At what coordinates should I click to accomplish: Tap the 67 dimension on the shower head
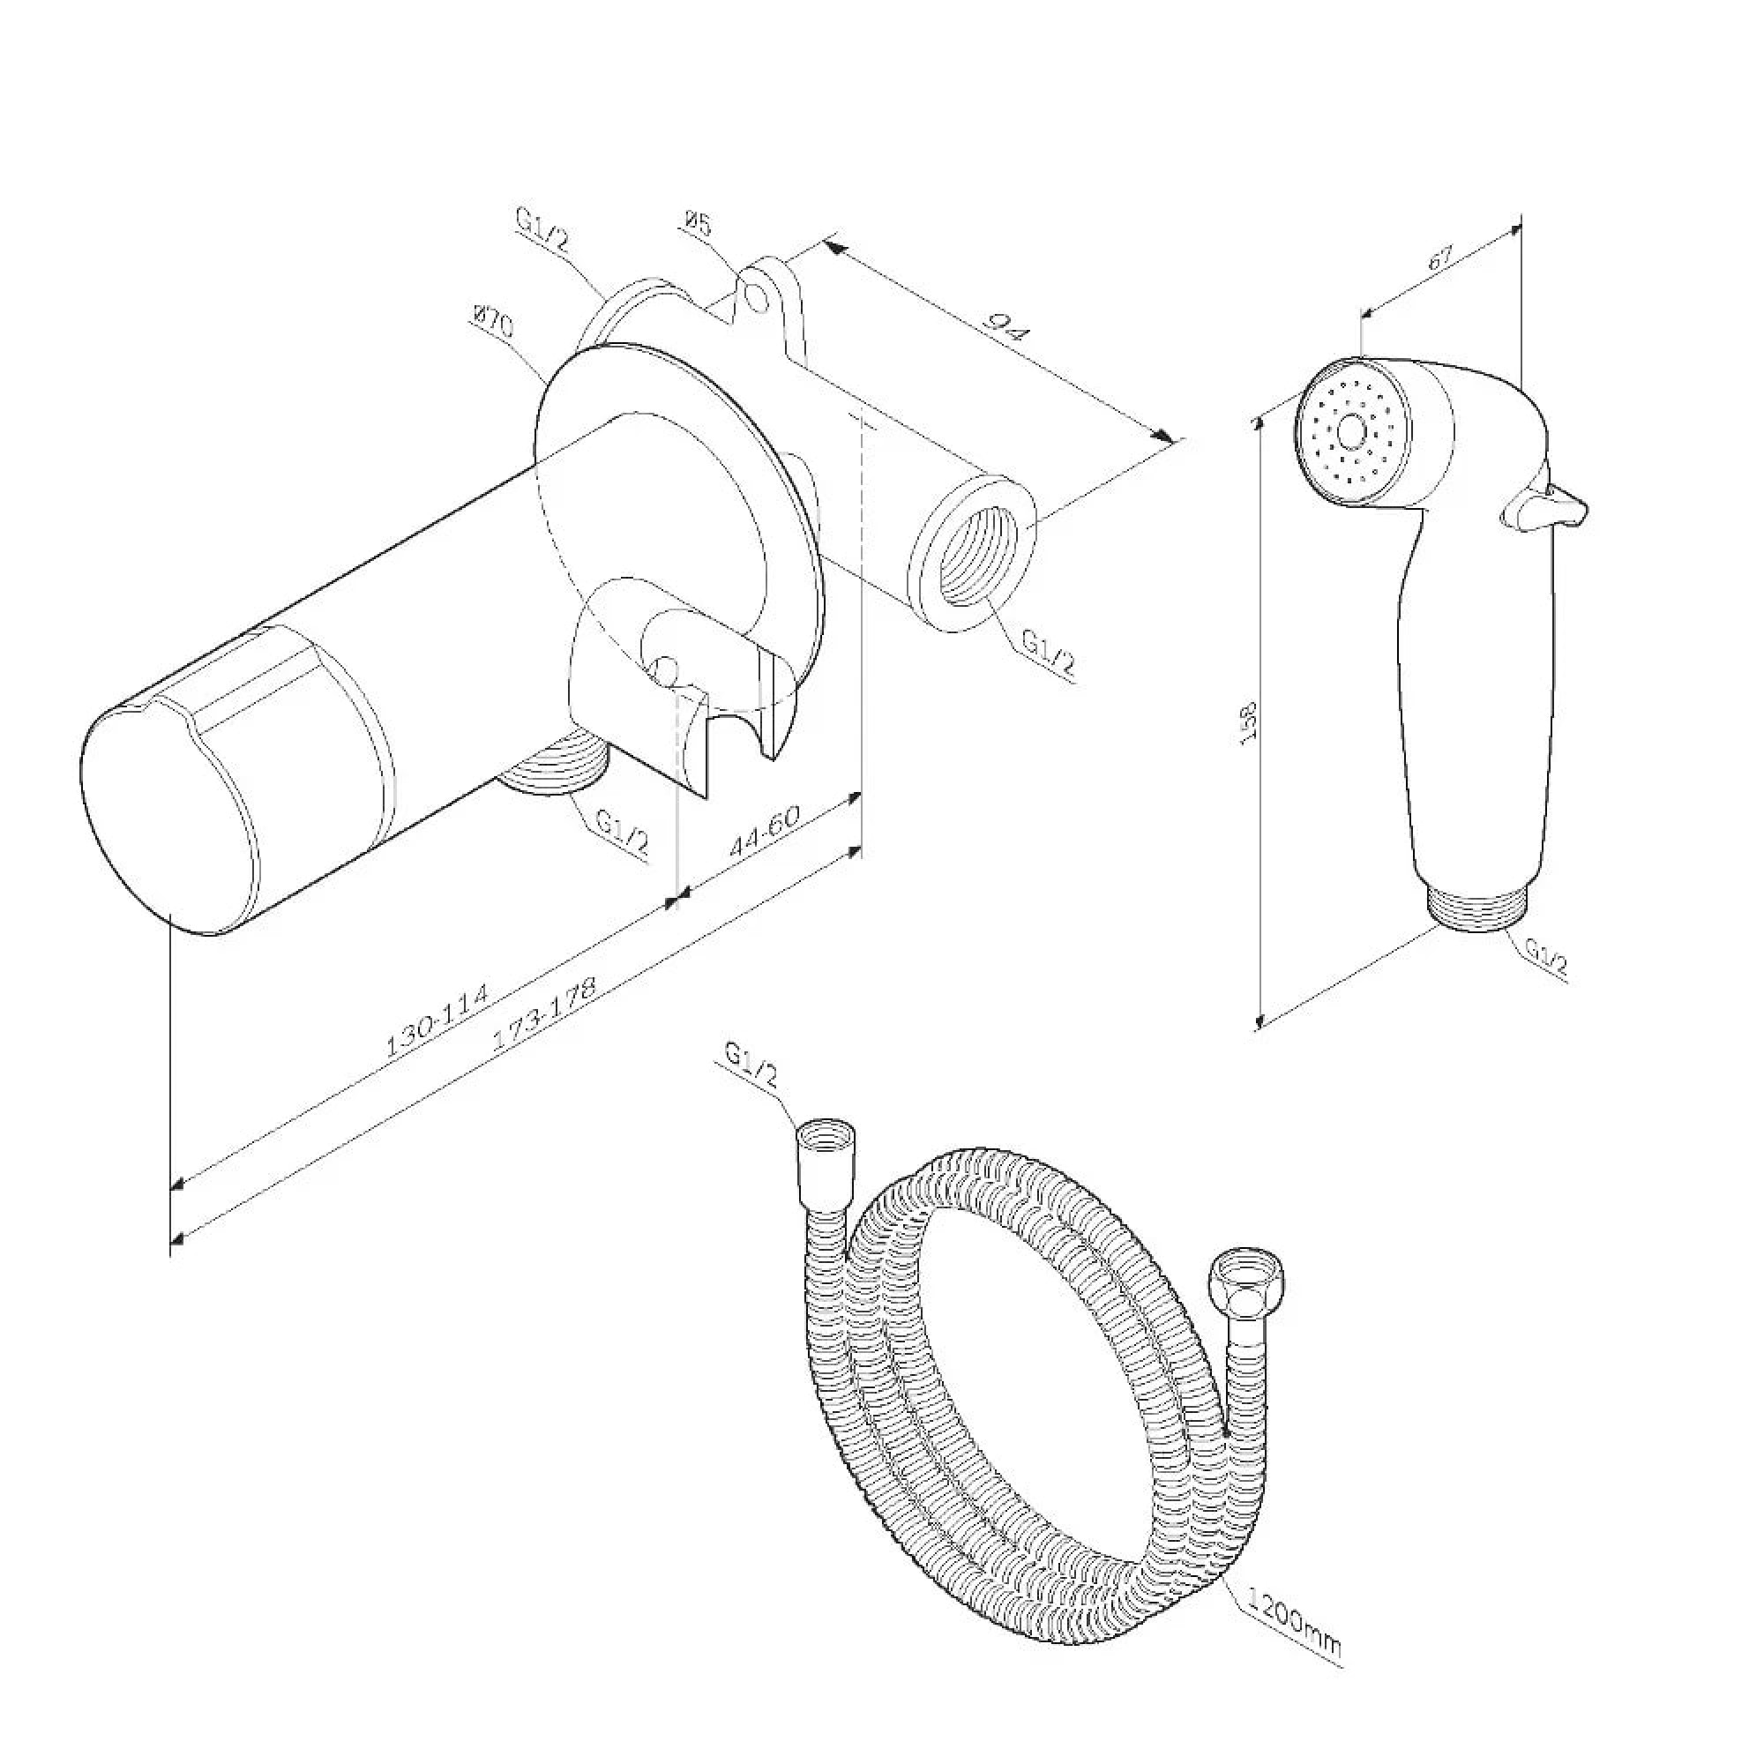pyautogui.click(x=1440, y=257)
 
